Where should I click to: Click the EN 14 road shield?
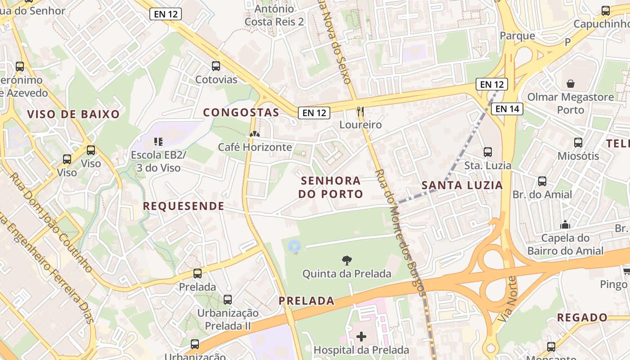point(507,108)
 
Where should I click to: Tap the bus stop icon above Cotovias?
point(216,66)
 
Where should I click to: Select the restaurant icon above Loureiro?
point(360,111)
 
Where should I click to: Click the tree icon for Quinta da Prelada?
point(346,260)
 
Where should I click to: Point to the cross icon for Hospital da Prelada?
point(361,336)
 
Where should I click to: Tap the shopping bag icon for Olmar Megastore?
point(571,84)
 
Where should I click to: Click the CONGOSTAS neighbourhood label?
point(241,112)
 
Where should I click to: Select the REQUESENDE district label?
point(184,206)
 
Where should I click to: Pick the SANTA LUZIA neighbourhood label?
point(462,185)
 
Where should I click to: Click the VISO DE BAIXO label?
point(73,114)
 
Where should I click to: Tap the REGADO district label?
point(582,318)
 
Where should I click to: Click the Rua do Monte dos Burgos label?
point(400,232)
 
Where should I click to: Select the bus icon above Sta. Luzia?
point(488,152)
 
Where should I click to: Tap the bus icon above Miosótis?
point(578,143)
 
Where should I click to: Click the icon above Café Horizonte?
point(255,134)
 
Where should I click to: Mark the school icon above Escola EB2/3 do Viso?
point(158,142)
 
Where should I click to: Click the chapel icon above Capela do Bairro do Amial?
point(565,225)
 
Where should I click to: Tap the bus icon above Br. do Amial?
point(542,181)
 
